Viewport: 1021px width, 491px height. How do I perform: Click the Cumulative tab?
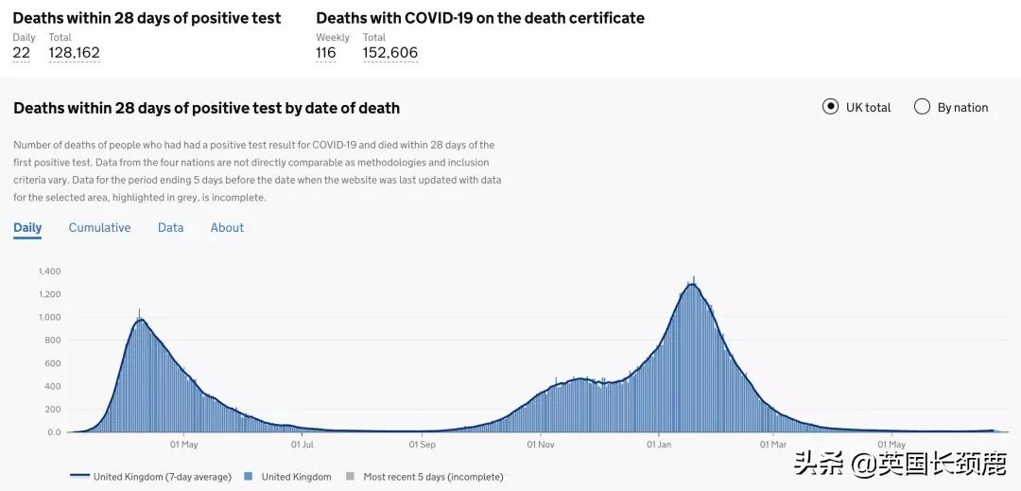pyautogui.click(x=99, y=227)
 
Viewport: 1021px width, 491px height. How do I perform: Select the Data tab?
pyautogui.click(x=170, y=227)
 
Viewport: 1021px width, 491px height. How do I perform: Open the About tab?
pyautogui.click(x=227, y=227)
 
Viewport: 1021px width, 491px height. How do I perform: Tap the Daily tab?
pyautogui.click(x=27, y=227)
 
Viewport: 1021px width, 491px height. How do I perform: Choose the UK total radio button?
pyautogui.click(x=830, y=107)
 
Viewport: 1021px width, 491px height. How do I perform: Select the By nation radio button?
pyautogui.click(x=922, y=107)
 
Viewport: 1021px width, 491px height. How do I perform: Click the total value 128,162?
pyautogui.click(x=74, y=53)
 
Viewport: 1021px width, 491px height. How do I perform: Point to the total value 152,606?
pyautogui.click(x=389, y=53)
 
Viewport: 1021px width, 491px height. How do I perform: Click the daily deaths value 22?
pyautogui.click(x=21, y=53)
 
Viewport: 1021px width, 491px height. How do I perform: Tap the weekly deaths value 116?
pyautogui.click(x=325, y=53)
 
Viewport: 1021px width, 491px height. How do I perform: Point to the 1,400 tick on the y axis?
pyautogui.click(x=49, y=272)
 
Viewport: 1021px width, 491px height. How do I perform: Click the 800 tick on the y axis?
pyautogui.click(x=53, y=341)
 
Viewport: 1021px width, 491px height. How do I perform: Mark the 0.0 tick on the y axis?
pyautogui.click(x=54, y=432)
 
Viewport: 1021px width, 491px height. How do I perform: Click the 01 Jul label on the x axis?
pyautogui.click(x=302, y=444)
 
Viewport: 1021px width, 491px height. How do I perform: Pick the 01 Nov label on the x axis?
pyautogui.click(x=540, y=444)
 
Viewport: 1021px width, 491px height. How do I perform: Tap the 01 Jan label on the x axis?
pyautogui.click(x=658, y=444)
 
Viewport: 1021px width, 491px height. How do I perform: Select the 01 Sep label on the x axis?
pyautogui.click(x=422, y=444)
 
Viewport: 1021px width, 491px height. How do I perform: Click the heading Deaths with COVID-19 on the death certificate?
pyautogui.click(x=479, y=18)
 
